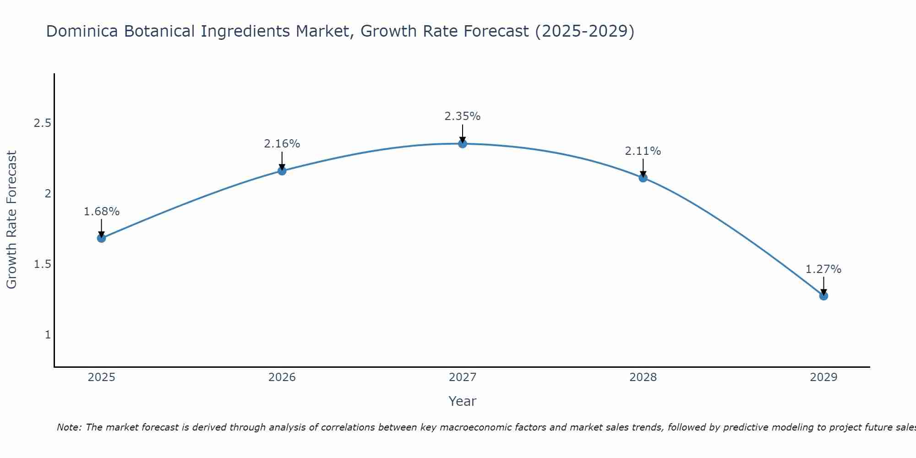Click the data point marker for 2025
tap(102, 238)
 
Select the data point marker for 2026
tap(282, 171)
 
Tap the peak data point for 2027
tap(463, 144)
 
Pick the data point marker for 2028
tap(643, 178)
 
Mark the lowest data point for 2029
tap(823, 296)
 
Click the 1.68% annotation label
tap(102, 212)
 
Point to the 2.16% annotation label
tap(282, 144)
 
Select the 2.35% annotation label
tap(463, 116)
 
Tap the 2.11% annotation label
tap(643, 151)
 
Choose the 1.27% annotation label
tap(823, 269)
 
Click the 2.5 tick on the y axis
tap(43, 123)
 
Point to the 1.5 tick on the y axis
tap(43, 264)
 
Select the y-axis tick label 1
tap(48, 335)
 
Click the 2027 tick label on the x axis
tap(463, 377)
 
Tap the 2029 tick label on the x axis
tap(823, 377)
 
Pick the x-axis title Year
tap(463, 401)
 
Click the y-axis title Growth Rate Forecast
tap(12, 220)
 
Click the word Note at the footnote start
tap(68, 427)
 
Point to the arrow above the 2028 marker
tap(643, 168)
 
